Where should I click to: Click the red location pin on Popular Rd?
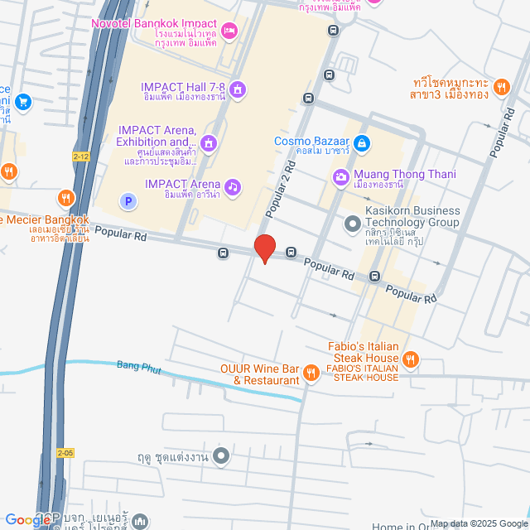pyautogui.click(x=264, y=248)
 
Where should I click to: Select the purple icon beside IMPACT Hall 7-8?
pyautogui.click(x=238, y=89)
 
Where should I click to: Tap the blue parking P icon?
pyautogui.click(x=128, y=200)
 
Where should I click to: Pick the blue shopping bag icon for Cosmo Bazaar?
pyautogui.click(x=362, y=144)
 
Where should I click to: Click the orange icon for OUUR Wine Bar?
pyautogui.click(x=311, y=373)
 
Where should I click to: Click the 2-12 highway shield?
pyautogui.click(x=81, y=156)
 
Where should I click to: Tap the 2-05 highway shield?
pyautogui.click(x=65, y=453)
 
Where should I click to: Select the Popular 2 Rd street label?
pyautogui.click(x=280, y=190)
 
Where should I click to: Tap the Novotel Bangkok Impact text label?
pyautogui.click(x=154, y=26)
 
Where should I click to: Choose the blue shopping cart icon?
pyautogui.click(x=23, y=102)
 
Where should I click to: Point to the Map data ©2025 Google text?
pyautogui.click(x=479, y=523)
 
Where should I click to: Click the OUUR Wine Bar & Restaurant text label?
pyautogui.click(x=260, y=374)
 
